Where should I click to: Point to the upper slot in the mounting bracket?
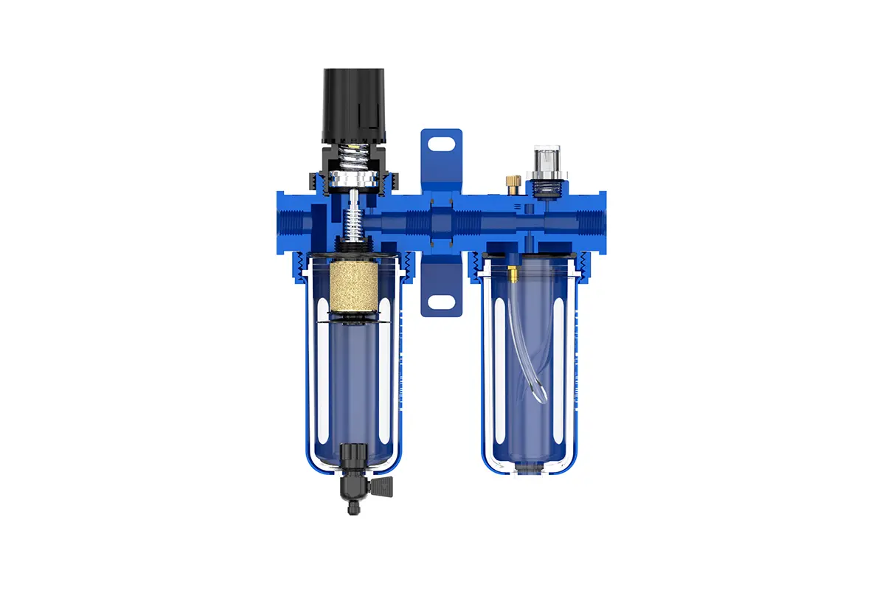(441, 142)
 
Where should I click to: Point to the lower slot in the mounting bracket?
(441, 302)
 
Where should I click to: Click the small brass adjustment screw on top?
(510, 181)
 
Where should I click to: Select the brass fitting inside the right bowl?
(510, 274)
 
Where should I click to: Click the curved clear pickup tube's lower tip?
(538, 399)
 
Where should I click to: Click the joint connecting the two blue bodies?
(441, 221)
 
